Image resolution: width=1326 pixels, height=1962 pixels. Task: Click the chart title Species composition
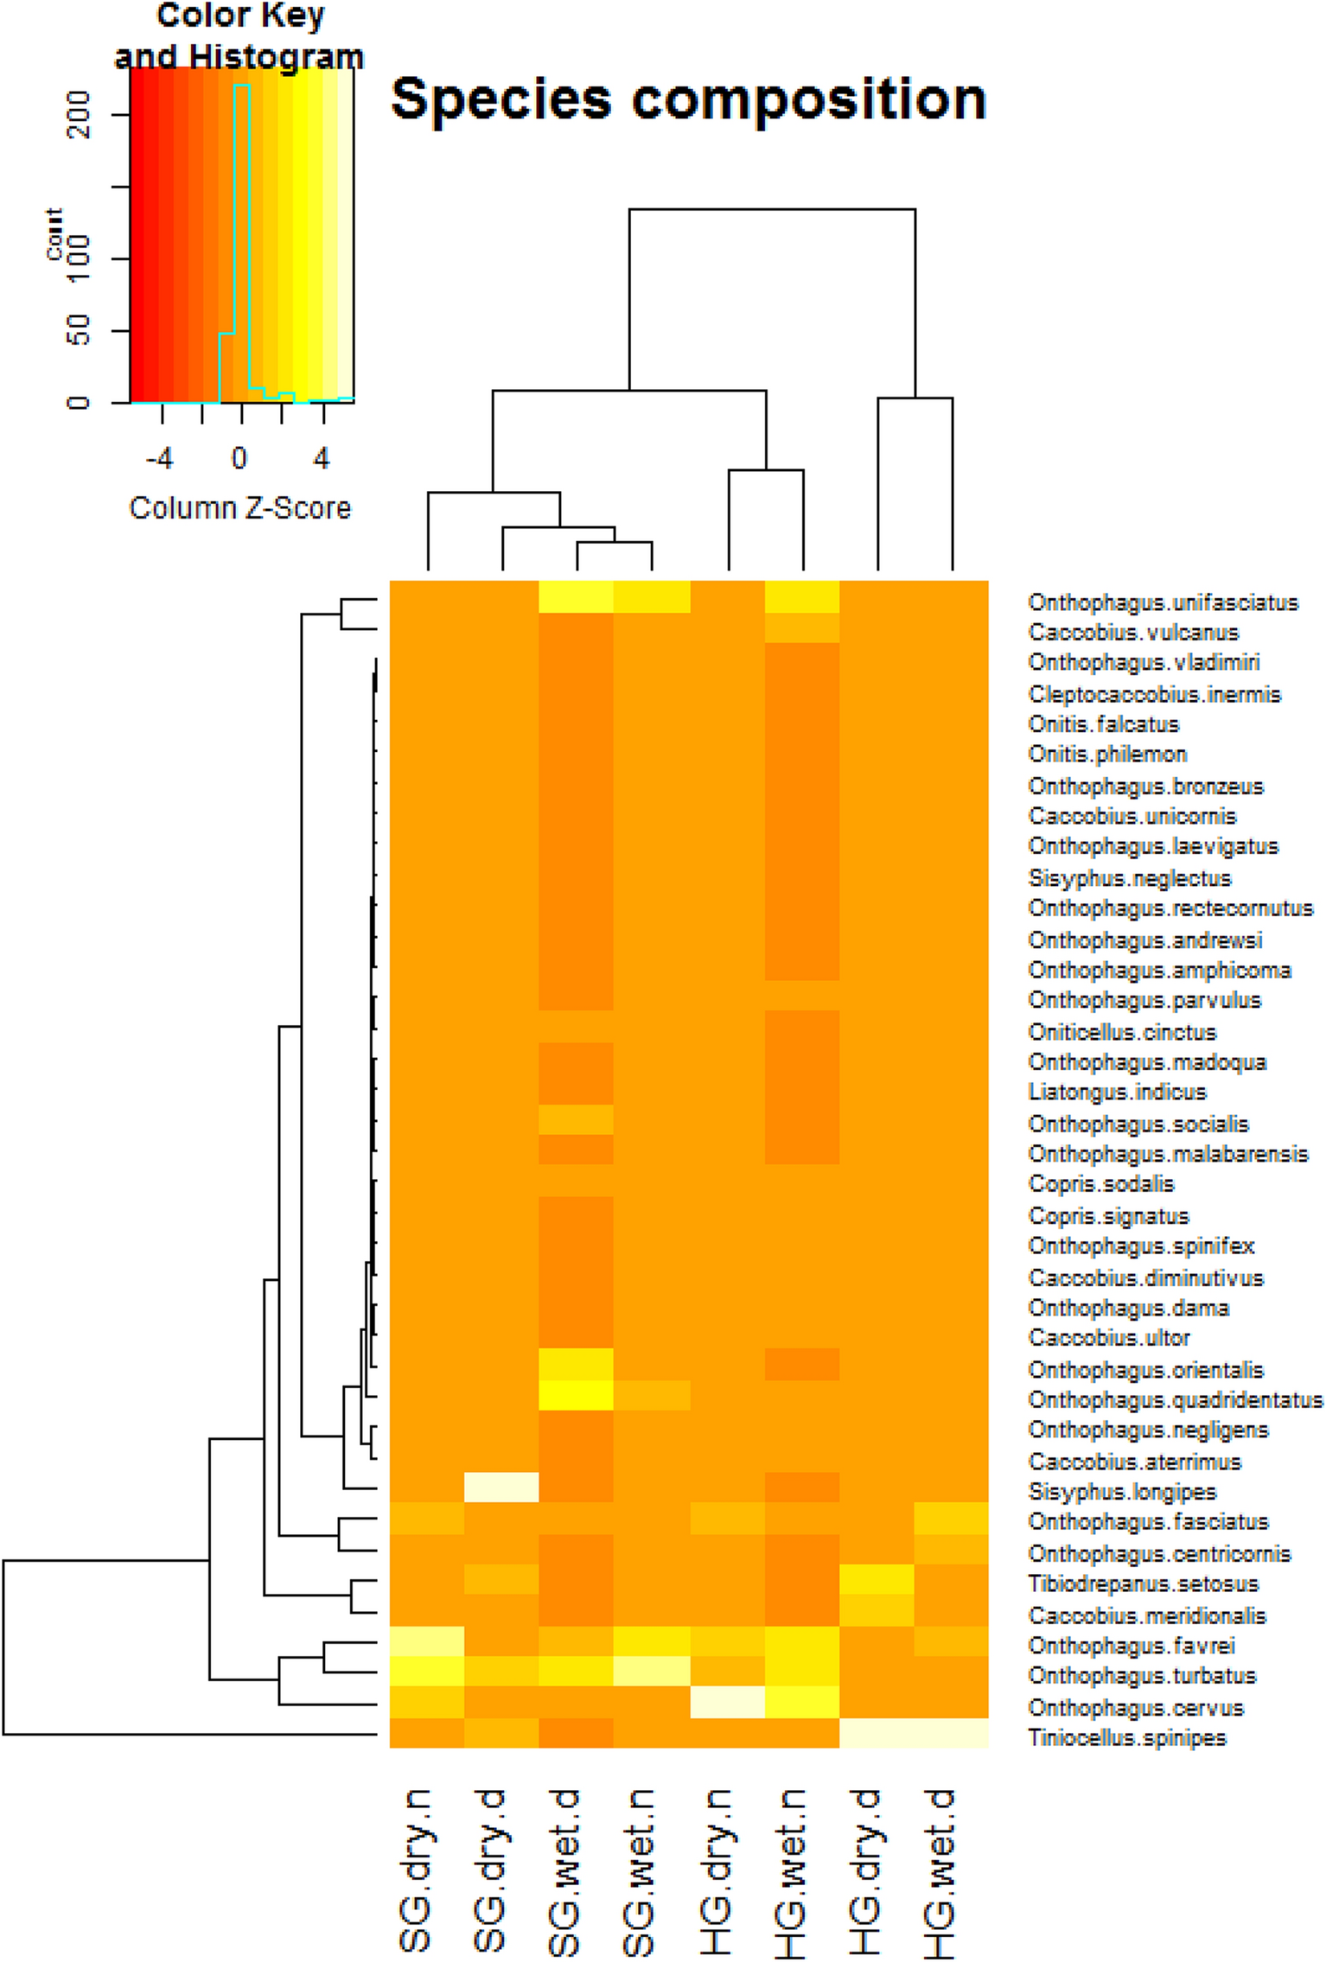pyautogui.click(x=688, y=99)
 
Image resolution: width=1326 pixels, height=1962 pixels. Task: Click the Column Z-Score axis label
pyautogui.click(x=240, y=508)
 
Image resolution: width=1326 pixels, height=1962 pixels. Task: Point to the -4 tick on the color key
pyautogui.click(x=160, y=458)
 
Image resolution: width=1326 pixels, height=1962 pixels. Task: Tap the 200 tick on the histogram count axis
pyautogui.click(x=79, y=114)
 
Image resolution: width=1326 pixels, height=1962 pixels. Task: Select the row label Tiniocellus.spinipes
pyautogui.click(x=1126, y=1738)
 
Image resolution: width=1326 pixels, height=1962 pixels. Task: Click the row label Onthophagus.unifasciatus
pyautogui.click(x=1163, y=602)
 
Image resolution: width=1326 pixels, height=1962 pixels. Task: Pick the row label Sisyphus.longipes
pyautogui.click(x=1122, y=1492)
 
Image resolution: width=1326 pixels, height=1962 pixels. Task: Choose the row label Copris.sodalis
pyautogui.click(x=1100, y=1184)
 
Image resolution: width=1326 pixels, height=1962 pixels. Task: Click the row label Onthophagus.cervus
pyautogui.click(x=1135, y=1708)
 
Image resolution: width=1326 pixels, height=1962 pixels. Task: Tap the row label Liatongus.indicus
pyautogui.click(x=1117, y=1092)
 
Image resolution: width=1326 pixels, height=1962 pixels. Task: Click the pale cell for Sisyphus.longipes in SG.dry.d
pyautogui.click(x=501, y=1487)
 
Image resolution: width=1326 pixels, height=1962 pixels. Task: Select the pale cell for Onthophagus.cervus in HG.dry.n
pyautogui.click(x=727, y=1703)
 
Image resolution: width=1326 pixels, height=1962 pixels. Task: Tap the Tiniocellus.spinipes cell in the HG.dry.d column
pyautogui.click(x=877, y=1734)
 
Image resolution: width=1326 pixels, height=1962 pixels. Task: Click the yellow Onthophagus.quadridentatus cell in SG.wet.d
pyautogui.click(x=576, y=1395)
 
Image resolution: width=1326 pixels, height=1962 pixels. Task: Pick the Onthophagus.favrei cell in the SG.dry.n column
pyautogui.click(x=427, y=1641)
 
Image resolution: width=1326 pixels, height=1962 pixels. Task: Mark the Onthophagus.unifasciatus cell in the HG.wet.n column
pyautogui.click(x=802, y=597)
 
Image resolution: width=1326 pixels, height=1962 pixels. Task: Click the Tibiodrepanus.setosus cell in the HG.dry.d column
pyautogui.click(x=877, y=1580)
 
